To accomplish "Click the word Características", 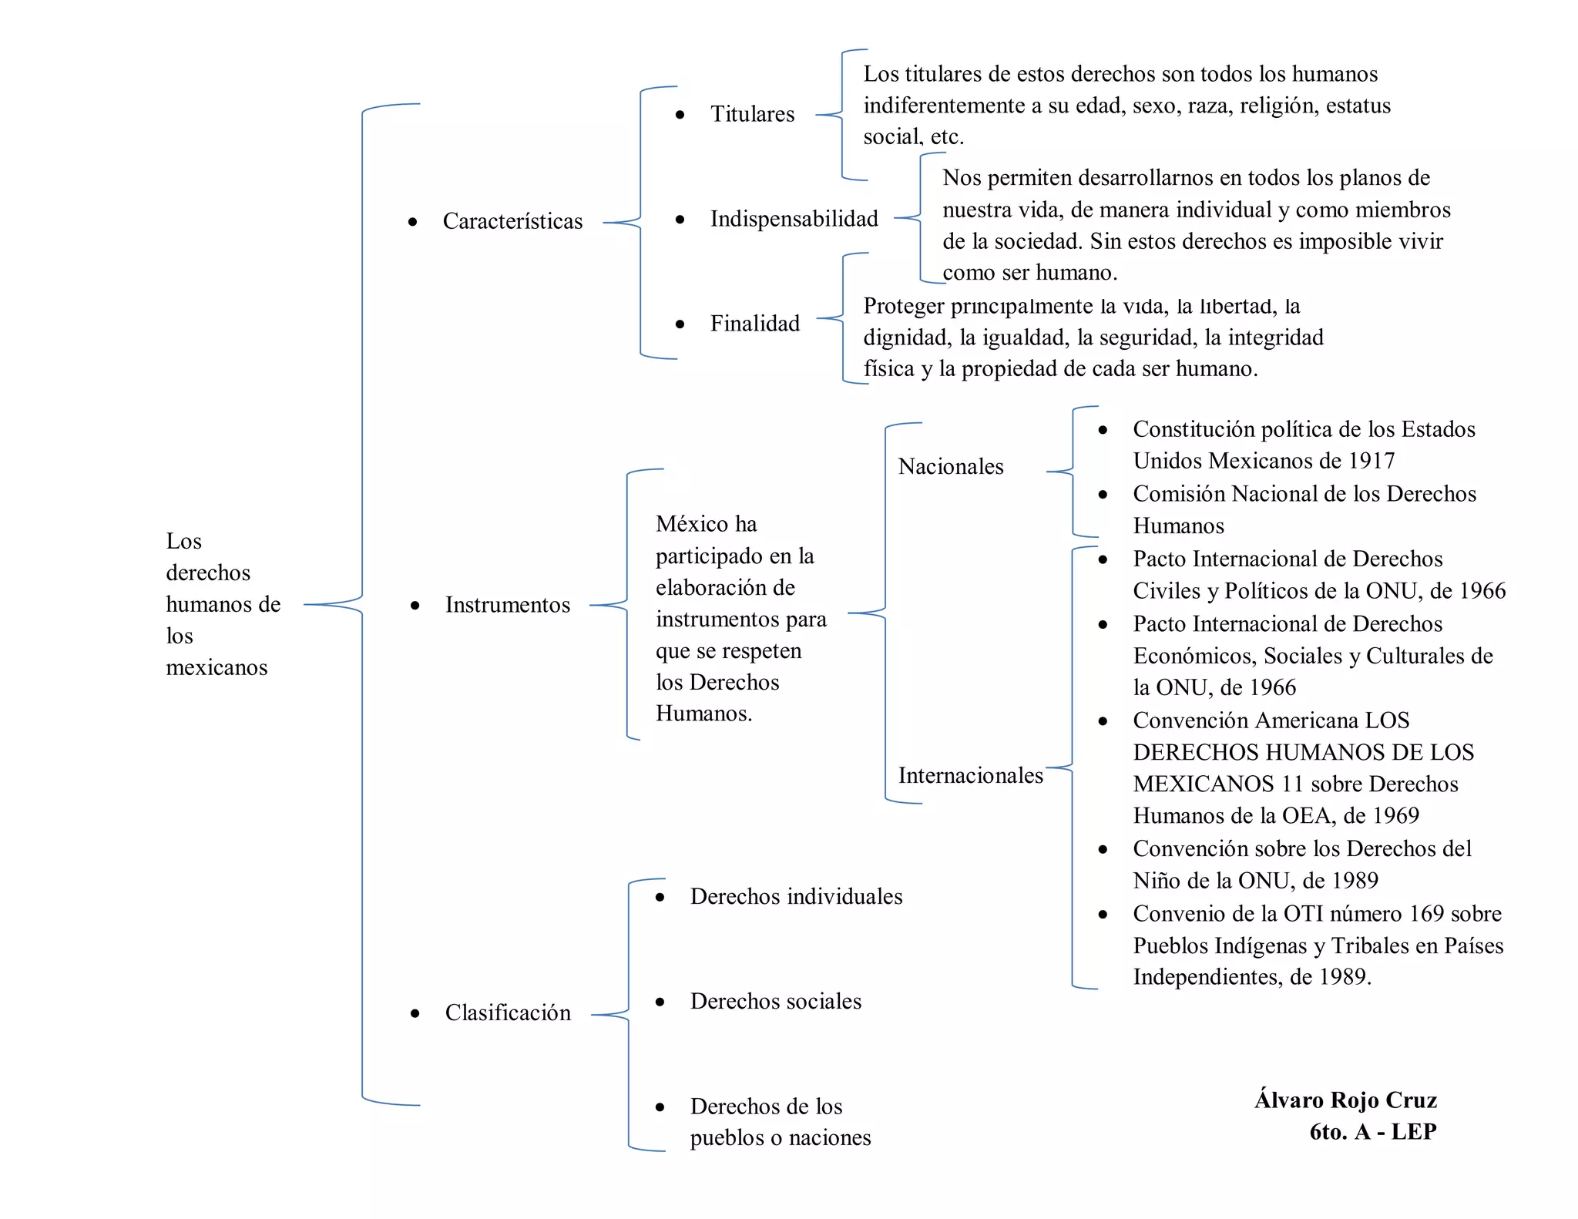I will [512, 221].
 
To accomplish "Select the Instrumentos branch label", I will [508, 605].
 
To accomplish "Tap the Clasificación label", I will [508, 1012].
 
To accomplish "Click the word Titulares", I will [752, 114].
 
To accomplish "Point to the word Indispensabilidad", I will [794, 219].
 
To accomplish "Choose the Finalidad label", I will [754, 324].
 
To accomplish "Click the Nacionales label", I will [951, 467].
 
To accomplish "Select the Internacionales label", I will [970, 775].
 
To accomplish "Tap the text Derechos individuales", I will [796, 897].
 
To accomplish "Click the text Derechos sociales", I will [775, 1002].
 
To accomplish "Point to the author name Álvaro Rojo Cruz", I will [1345, 1100].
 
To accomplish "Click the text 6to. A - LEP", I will [1372, 1132].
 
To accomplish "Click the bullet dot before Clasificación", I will [415, 1013].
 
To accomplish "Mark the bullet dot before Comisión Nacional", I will [1103, 495].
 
